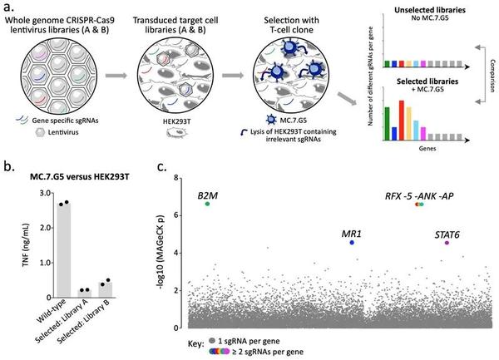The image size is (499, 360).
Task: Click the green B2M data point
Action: (207, 205)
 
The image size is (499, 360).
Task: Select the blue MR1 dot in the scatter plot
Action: (353, 242)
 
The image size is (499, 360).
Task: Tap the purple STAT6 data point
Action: (447, 243)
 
